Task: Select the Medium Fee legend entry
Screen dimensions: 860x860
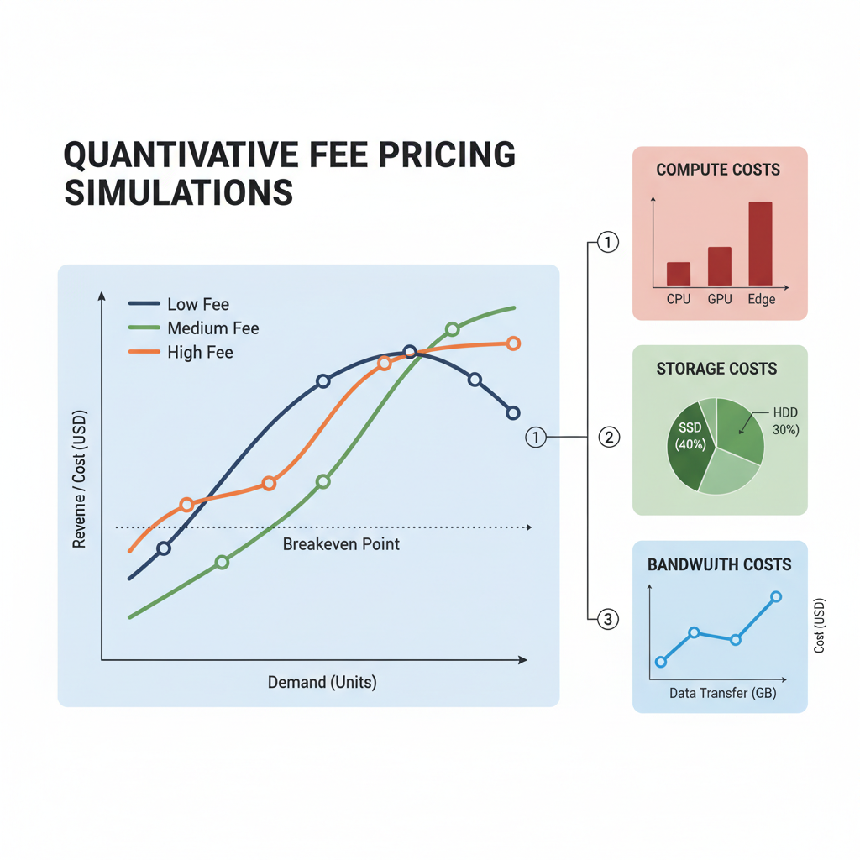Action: (194, 328)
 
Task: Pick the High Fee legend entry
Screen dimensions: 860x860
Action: (181, 353)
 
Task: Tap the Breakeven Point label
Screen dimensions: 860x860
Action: (341, 544)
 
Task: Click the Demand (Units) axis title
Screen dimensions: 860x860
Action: (322, 682)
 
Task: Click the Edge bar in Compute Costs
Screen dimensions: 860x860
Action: (760, 244)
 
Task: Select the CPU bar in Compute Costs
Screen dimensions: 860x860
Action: (679, 274)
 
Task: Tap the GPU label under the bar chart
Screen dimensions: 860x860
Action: (720, 299)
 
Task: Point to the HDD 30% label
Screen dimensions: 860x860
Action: (784, 421)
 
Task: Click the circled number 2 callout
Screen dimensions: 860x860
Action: (608, 437)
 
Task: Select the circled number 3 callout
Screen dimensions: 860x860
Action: (608, 620)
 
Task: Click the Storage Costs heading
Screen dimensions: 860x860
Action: (716, 369)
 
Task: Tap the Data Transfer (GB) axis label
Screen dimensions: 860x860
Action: (722, 694)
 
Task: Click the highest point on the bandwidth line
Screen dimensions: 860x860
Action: (776, 597)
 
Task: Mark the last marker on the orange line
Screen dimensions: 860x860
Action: (514, 343)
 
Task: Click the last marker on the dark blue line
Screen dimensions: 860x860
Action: (513, 412)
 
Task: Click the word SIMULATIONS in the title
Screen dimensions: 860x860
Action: (179, 192)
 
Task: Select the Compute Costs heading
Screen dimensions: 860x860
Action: (718, 170)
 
